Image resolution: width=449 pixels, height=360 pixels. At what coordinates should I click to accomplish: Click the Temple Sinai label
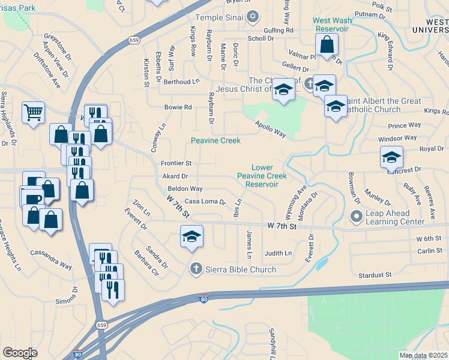pos(220,17)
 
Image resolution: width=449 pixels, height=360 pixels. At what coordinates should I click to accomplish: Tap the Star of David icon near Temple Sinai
pos(253,16)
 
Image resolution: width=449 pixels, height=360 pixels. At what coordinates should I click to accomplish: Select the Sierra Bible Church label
pos(240,269)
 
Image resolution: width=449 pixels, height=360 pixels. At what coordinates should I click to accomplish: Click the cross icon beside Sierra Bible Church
pos(194,269)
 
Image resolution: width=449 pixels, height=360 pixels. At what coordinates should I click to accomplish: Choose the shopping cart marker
pos(33,112)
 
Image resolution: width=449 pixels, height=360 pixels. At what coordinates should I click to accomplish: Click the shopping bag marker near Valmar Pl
pos(327,44)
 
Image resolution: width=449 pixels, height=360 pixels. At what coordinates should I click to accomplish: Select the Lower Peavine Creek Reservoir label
pos(262,176)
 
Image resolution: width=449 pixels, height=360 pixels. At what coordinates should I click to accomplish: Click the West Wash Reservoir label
pos(331,25)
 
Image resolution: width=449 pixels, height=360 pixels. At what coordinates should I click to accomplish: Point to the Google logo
pos(20,353)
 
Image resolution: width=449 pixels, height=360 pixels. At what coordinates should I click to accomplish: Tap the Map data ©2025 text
pos(423,355)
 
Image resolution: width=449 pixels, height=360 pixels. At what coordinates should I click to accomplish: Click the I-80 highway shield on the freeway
pos(204,299)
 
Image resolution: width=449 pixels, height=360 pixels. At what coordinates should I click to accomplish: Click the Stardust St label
pos(375,275)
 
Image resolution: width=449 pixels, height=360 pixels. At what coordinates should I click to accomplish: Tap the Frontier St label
pos(176,163)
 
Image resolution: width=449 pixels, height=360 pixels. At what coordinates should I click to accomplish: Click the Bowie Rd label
pos(178,107)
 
